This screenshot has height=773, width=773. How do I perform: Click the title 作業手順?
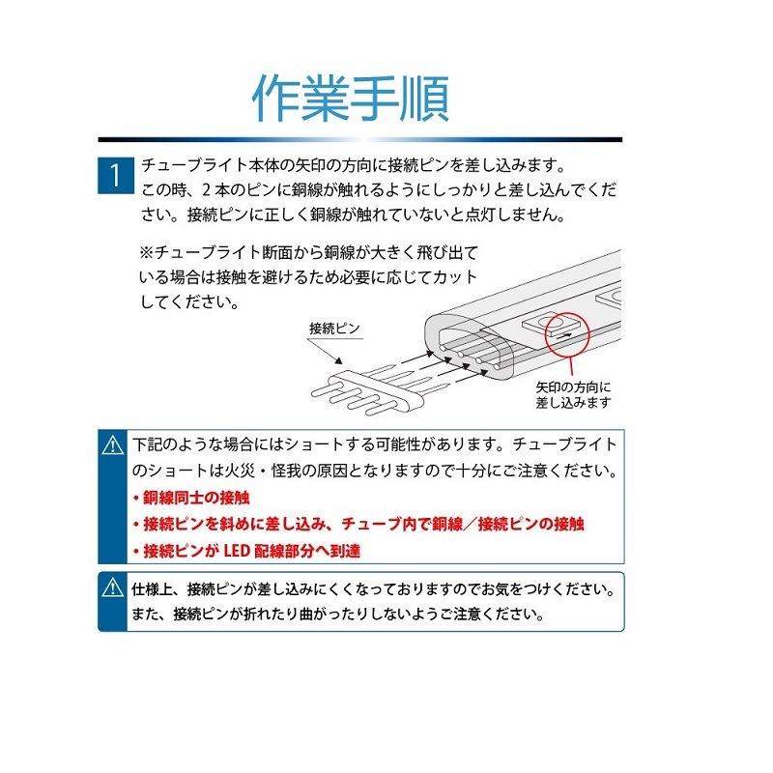tap(350, 98)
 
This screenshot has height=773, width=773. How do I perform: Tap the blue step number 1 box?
tap(115, 175)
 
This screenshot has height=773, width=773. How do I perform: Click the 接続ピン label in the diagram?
tap(334, 329)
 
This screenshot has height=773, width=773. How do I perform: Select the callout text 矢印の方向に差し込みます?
tap(575, 395)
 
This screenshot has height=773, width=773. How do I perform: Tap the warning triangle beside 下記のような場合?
tap(113, 445)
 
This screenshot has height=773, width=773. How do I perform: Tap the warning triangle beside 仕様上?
tap(113, 587)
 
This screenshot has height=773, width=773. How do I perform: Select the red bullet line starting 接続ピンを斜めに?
tap(358, 525)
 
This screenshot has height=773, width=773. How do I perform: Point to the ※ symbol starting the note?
tap(148, 252)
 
